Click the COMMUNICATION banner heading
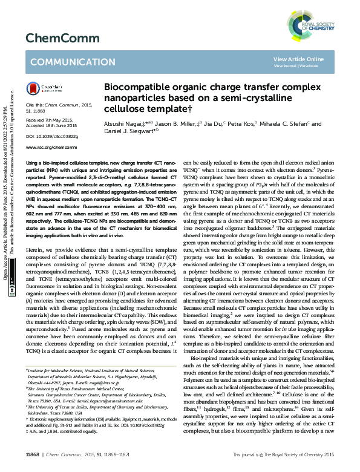point(68,62)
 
